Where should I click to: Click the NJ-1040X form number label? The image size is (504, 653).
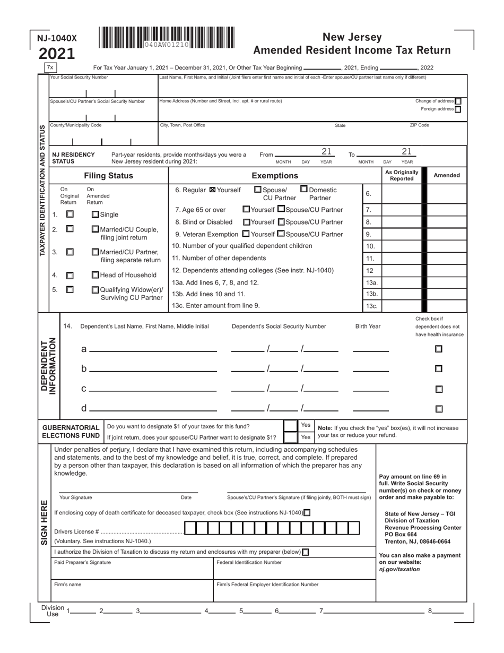pyautogui.click(x=57, y=38)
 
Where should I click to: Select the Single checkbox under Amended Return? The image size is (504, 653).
pyautogui.click(x=95, y=214)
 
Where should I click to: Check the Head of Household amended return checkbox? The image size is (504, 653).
pyautogui.click(x=95, y=275)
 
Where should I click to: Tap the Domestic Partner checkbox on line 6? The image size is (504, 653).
pyautogui.click(x=304, y=189)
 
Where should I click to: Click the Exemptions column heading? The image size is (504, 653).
pyautogui.click(x=274, y=176)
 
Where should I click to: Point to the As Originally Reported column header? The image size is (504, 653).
pyautogui.click(x=402, y=176)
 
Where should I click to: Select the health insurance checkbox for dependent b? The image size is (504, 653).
pyautogui.click(x=439, y=368)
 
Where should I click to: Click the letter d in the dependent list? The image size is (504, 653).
pyautogui.click(x=84, y=408)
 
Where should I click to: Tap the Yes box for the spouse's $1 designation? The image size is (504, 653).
pyautogui.click(x=291, y=437)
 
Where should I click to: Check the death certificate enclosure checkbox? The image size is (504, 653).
pyautogui.click(x=307, y=512)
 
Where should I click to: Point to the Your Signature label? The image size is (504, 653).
pyautogui.click(x=75, y=497)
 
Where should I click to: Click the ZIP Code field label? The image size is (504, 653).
pyautogui.click(x=419, y=125)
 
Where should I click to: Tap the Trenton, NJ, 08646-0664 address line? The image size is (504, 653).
pyautogui.click(x=418, y=542)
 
